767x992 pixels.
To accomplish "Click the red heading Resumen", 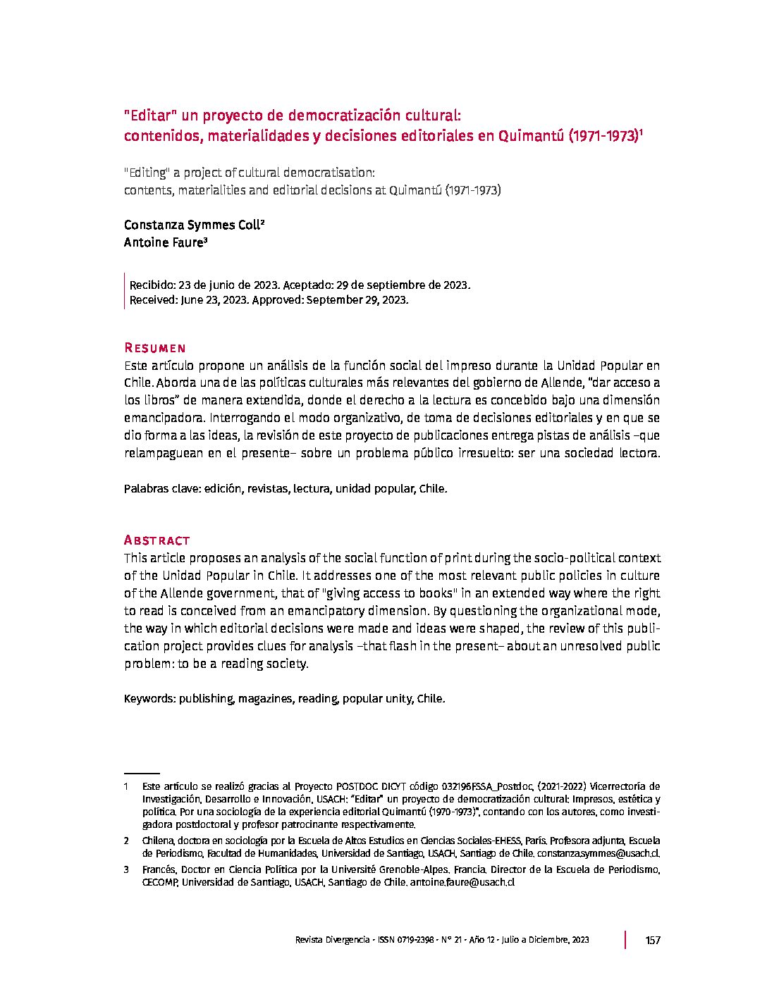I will [154, 348].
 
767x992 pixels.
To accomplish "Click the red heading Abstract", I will [157, 540].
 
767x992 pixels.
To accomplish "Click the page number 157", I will [653, 940].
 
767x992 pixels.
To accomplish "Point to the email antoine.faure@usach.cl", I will [462, 882].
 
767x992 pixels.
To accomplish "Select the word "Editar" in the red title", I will [149, 116].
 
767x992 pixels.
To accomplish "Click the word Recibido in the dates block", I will [152, 285].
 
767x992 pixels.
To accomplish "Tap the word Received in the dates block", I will [153, 299].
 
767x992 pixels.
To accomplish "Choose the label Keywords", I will [149, 699].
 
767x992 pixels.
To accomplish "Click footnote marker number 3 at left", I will [125, 870].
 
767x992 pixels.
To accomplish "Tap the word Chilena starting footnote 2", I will [159, 841].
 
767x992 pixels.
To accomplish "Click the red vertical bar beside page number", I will [625, 940].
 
